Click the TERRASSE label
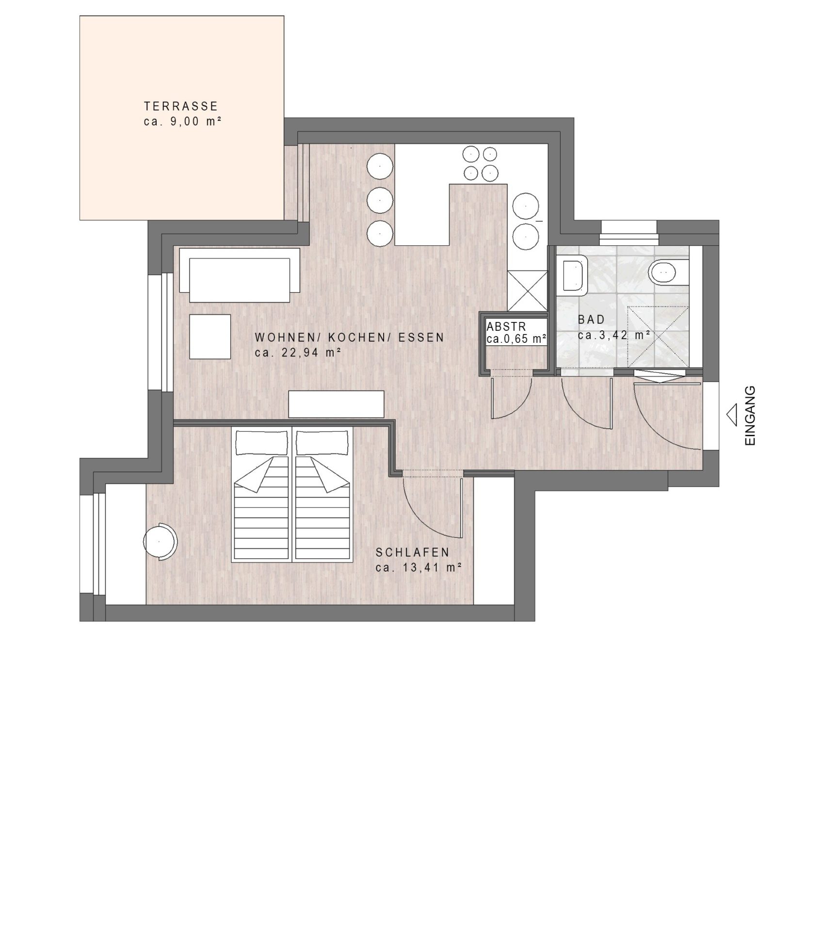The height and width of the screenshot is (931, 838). [181, 106]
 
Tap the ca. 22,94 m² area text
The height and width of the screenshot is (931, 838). [296, 353]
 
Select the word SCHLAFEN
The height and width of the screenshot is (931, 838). [413, 552]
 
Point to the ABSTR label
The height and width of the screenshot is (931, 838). [506, 326]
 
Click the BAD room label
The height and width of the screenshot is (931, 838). [592, 320]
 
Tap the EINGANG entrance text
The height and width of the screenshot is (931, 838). [750, 415]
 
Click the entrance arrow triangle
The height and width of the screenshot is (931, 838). [731, 415]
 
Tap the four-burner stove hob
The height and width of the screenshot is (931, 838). [481, 163]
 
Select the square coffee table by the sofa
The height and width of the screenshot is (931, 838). [210, 337]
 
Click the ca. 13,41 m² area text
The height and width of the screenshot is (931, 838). [418, 567]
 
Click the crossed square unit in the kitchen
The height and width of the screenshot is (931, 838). [527, 290]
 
